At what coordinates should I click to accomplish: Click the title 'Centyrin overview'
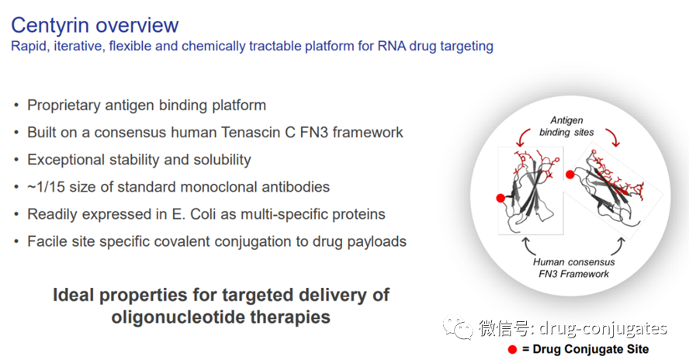pos(94,25)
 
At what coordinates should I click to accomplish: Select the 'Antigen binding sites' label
pos(566,126)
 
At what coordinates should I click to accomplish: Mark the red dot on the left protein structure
pos(501,198)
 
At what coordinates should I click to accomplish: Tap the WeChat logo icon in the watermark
pos(458,328)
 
